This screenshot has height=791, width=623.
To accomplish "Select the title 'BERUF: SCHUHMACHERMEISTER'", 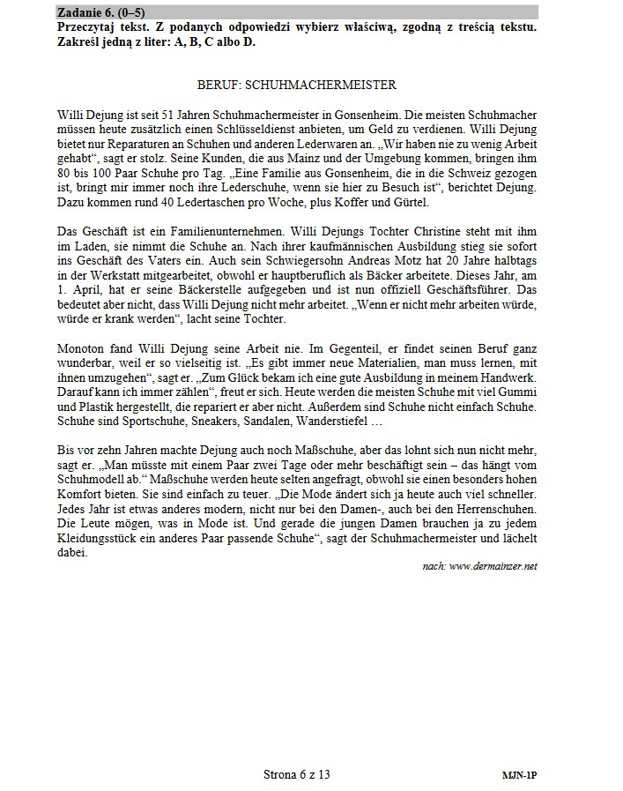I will tap(296, 86).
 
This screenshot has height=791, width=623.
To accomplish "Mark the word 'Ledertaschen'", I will tap(204, 202).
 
